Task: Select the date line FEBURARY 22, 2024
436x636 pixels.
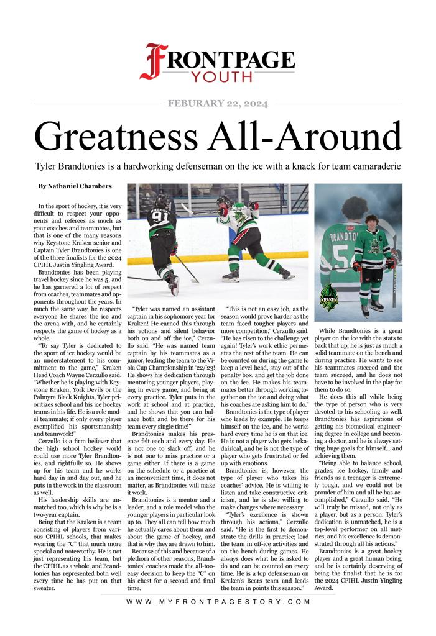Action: (x=218, y=104)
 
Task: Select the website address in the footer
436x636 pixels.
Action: (x=218, y=602)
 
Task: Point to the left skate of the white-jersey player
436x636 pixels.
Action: (x=231, y=275)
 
